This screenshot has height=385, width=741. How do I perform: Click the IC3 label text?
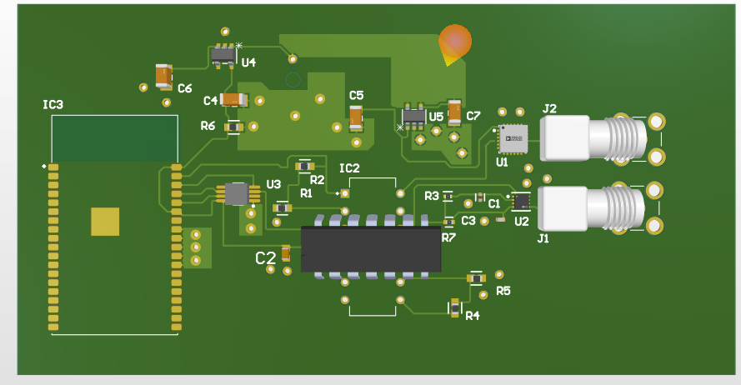click(x=53, y=104)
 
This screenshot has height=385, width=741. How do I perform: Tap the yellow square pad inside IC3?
click(x=106, y=222)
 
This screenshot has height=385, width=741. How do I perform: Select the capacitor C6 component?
click(x=163, y=77)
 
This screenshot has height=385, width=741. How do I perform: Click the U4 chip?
click(x=223, y=55)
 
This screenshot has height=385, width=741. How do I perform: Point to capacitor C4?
click(x=234, y=100)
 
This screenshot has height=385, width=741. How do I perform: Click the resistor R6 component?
click(x=234, y=127)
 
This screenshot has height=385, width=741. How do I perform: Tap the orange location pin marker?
click(x=454, y=42)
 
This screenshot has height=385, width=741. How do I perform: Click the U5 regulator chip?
click(x=413, y=116)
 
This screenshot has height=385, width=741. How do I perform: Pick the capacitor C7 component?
click(x=454, y=112)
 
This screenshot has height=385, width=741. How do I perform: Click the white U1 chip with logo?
click(x=513, y=138)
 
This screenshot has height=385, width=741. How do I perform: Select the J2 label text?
click(x=549, y=108)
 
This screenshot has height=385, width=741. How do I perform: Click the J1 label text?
click(x=543, y=238)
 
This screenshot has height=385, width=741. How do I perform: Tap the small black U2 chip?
click(x=521, y=201)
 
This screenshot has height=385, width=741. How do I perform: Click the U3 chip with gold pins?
click(x=238, y=194)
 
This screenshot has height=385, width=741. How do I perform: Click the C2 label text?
click(x=265, y=258)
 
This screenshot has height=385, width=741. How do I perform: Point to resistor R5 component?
click(x=476, y=277)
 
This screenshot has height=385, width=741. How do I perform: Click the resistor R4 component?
click(x=455, y=307)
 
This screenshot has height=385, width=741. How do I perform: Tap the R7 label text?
click(x=448, y=237)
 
